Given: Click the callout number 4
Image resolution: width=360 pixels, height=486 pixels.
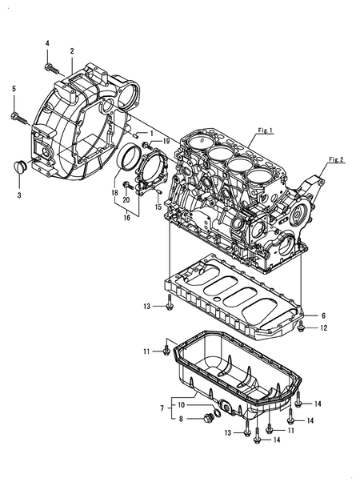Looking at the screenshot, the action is (x=47, y=43).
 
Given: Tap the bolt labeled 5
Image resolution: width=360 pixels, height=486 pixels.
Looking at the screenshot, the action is (x=18, y=117).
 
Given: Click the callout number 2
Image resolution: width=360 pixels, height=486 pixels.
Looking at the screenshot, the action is (x=72, y=51).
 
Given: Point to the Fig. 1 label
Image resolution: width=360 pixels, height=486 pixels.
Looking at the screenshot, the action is (x=265, y=131).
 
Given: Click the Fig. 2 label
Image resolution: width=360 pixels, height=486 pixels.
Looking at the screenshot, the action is (x=336, y=159).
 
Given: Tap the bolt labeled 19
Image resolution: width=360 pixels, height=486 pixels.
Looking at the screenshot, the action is (x=146, y=144).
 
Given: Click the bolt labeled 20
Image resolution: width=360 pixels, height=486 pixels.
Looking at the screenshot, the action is (x=128, y=186).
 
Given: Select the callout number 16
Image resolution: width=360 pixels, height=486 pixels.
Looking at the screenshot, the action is (x=126, y=218).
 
